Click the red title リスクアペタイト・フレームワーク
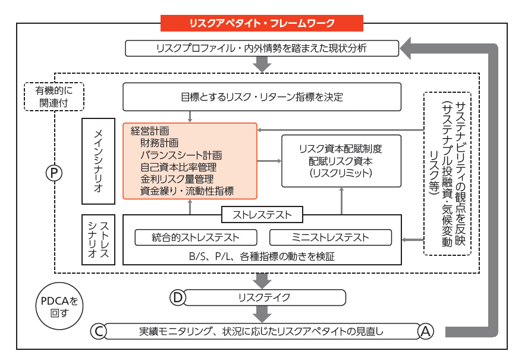262,24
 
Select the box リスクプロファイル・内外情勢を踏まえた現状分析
262,48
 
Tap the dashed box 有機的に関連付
54,96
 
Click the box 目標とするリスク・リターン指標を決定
262,96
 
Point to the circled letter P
54,173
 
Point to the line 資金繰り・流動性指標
187,190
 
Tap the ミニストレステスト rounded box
331,237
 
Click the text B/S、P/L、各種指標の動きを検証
262,256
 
